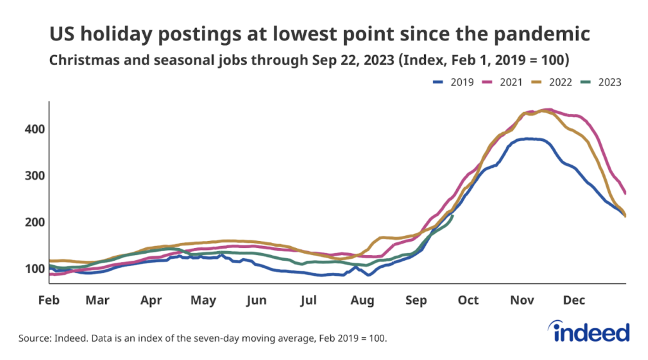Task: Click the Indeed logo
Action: pos(591,332)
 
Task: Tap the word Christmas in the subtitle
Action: pos(81,61)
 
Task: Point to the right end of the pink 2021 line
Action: pos(625,193)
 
